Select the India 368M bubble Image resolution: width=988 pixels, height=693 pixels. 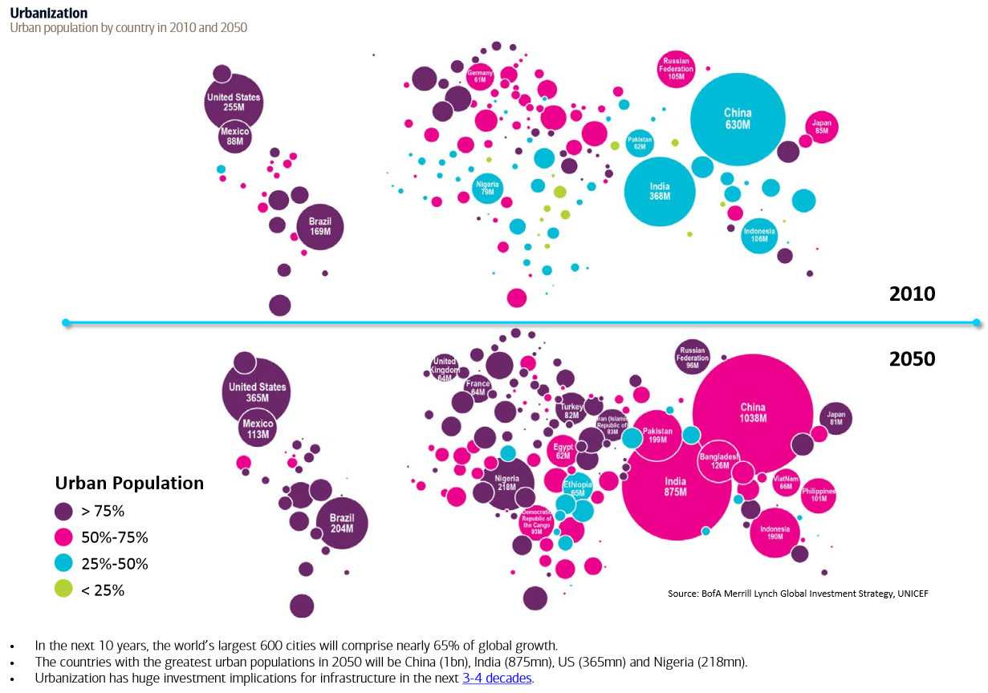pos(659,191)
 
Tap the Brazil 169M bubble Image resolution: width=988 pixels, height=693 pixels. pos(320,226)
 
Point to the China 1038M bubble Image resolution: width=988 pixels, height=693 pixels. pos(752,412)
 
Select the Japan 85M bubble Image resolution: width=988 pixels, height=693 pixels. pos(822,127)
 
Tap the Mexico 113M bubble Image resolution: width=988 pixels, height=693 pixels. pos(258,429)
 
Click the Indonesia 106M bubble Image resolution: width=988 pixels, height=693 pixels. pos(758,235)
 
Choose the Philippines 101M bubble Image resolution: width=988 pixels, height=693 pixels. pos(818,495)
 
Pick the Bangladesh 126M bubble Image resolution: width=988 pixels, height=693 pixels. pos(718,461)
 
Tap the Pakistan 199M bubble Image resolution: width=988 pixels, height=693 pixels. pos(657,436)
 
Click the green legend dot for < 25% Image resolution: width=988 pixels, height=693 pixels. pos(63,590)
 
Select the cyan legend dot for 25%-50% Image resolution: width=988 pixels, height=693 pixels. pos(63,563)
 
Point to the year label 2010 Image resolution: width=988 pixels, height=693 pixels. pos(912,294)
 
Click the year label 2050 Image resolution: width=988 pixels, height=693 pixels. pos(912,359)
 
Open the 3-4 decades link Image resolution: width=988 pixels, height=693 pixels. pos(497,678)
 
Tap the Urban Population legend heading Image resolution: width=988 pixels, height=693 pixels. pos(129,483)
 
